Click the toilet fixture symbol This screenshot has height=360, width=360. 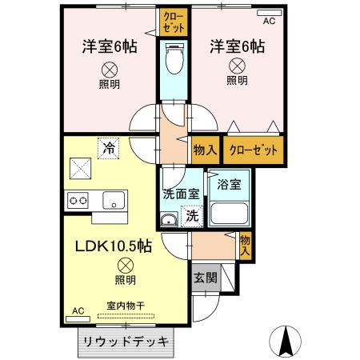172,58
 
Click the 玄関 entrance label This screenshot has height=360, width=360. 203,278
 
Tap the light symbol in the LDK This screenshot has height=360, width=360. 124,265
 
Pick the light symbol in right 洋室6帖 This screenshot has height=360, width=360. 237,66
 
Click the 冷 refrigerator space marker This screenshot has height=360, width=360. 107,148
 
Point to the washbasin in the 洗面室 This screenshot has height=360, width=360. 169,220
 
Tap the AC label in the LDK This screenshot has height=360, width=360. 78,310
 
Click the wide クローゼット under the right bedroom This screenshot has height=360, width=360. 254,150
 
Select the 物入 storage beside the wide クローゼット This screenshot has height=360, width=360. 205,150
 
